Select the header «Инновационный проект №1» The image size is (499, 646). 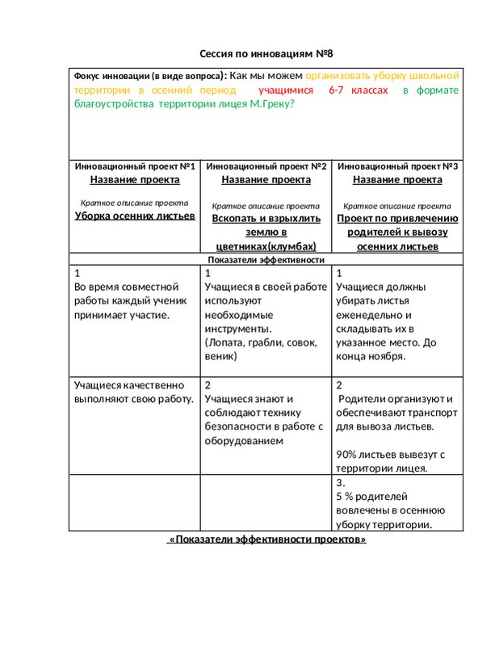point(134,166)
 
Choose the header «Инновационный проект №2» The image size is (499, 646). point(266,166)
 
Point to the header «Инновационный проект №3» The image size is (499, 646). point(397,166)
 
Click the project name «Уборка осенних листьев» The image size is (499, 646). point(134,216)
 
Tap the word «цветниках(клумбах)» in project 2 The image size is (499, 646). point(266,246)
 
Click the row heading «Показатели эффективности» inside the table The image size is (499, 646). point(266,260)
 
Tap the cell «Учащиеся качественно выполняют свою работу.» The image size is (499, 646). point(134,392)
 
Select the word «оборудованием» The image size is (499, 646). point(244,441)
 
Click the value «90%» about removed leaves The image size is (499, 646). point(348,454)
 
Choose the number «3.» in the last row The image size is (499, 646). point(340,482)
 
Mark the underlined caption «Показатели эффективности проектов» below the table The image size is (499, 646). point(266,539)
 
